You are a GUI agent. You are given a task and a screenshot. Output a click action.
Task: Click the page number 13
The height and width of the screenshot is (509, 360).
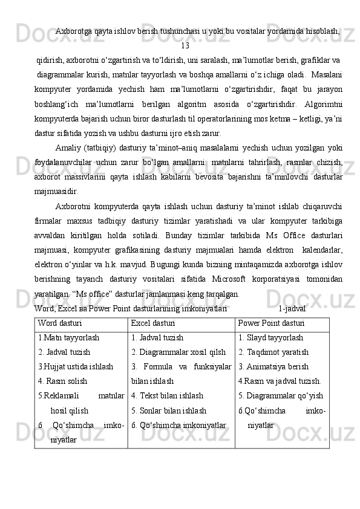click(x=185, y=45)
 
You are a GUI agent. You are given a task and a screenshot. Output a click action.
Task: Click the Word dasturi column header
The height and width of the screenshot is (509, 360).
click(x=60, y=323)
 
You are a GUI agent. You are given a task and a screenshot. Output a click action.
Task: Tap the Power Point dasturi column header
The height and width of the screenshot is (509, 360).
click(x=271, y=323)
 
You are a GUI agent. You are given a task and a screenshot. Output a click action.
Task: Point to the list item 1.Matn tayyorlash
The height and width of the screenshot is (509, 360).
click(x=68, y=338)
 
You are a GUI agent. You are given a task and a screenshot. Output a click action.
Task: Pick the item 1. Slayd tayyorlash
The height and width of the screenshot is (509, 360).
click(x=270, y=338)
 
